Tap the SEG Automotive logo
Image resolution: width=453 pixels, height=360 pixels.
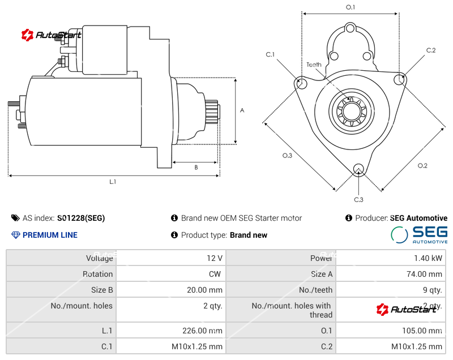pyautogui.click(x=419, y=235)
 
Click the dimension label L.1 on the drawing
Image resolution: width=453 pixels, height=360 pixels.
pyautogui.click(x=113, y=182)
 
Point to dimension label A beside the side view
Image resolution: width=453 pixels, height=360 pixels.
pyautogui.click(x=242, y=110)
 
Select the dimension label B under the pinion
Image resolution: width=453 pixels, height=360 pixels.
pyautogui.click(x=196, y=167)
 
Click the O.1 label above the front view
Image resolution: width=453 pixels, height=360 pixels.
pyautogui.click(x=351, y=7)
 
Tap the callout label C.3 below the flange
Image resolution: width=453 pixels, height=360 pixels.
pyautogui.click(x=358, y=199)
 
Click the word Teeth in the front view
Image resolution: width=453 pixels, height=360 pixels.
pyautogui.click(x=314, y=65)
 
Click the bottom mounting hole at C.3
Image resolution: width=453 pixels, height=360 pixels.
pyautogui.click(x=358, y=169)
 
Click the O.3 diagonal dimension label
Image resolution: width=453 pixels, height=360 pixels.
pyautogui.click(x=287, y=155)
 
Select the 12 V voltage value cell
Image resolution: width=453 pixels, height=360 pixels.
pyautogui.click(x=214, y=258)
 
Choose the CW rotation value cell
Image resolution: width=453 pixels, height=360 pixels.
pyautogui.click(x=216, y=274)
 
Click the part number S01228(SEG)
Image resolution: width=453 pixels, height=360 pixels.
pyautogui.click(x=81, y=218)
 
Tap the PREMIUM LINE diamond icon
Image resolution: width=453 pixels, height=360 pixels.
pyautogui.click(x=16, y=235)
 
